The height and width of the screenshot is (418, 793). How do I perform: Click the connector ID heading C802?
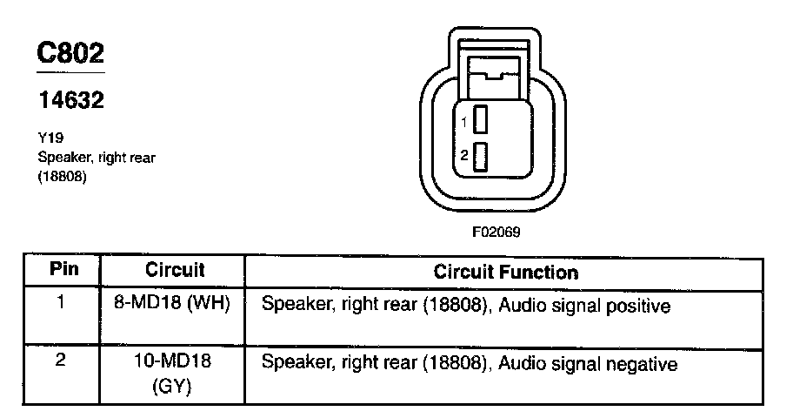coord(71,53)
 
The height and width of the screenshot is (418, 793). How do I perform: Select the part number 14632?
coord(71,100)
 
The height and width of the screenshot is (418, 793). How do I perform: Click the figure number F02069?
coord(496,233)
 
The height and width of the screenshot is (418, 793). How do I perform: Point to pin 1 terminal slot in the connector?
coord(479,120)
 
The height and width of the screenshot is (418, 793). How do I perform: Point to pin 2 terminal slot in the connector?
coord(479,157)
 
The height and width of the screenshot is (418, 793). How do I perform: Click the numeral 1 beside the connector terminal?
coord(464,121)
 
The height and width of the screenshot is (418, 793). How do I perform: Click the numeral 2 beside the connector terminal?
coord(464,157)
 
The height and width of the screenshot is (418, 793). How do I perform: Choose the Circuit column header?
coord(175,270)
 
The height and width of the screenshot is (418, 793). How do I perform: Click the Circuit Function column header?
coord(505,272)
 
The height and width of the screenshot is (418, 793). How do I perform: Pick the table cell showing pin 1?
coord(61,305)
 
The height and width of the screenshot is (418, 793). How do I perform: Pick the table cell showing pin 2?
coord(61,361)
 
